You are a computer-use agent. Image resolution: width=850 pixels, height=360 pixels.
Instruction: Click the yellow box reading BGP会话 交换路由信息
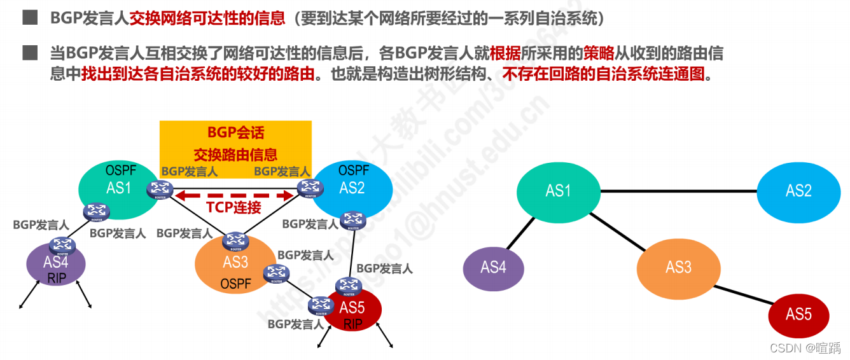pyautogui.click(x=235, y=143)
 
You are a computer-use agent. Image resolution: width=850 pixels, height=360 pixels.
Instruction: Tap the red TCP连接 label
pyautogui.click(x=233, y=207)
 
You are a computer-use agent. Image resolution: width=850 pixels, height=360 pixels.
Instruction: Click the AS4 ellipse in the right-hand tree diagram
pyautogui.click(x=493, y=267)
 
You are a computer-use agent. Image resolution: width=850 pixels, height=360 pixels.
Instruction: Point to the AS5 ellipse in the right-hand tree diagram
pyautogui.click(x=798, y=314)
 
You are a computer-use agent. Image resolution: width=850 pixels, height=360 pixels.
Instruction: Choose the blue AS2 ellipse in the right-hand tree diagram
pyautogui.click(x=798, y=191)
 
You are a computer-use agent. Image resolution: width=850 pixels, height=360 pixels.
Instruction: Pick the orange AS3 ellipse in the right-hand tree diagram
pyautogui.click(x=678, y=267)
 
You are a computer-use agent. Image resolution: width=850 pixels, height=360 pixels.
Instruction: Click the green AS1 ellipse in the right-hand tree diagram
pyautogui.click(x=558, y=191)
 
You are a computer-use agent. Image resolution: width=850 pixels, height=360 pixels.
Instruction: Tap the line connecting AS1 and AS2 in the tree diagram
pyautogui.click(x=678, y=191)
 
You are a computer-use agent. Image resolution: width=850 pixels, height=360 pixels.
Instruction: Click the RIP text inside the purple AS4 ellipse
pyautogui.click(x=56, y=277)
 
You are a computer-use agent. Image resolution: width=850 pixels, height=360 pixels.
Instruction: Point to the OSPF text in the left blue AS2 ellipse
pyautogui.click(x=354, y=170)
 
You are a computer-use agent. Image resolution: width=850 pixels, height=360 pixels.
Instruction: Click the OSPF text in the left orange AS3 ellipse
pyautogui.click(x=236, y=284)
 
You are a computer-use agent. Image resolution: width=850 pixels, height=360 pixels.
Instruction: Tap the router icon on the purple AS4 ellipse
pyautogui.click(x=62, y=245)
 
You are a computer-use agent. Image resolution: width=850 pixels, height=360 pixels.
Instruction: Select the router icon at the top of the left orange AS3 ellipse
pyautogui.click(x=235, y=240)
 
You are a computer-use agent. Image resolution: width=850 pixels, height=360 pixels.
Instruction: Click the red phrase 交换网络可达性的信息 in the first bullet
pyautogui.click(x=207, y=18)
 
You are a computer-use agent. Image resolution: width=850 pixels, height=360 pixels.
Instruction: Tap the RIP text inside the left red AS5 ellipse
pyautogui.click(x=352, y=324)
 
